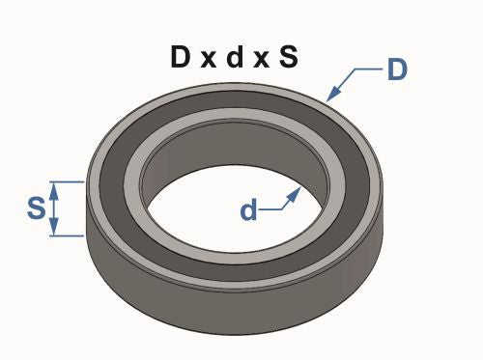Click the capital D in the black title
182,57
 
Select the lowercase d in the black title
235,57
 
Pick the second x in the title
260,59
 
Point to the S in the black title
287,57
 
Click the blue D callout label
398,71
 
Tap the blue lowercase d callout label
249,210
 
